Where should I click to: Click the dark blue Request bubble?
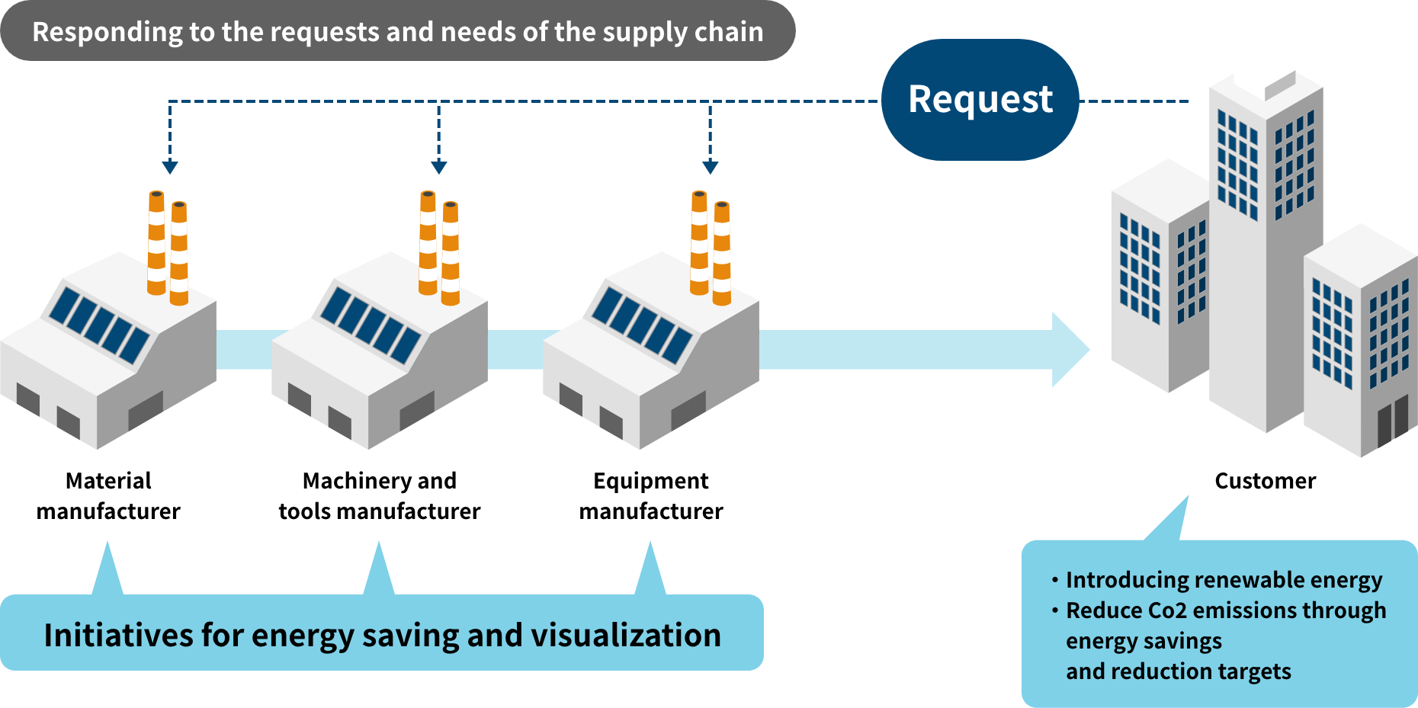pos(980,100)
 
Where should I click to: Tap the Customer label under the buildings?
pos(1265,481)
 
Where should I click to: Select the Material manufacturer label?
pos(108,495)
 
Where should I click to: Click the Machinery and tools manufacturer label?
pos(380,495)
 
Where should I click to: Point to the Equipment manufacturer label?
pos(651,495)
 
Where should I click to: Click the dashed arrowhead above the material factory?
pos(170,167)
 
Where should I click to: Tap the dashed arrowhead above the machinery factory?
pos(438,167)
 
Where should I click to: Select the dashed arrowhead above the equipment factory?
pos(710,167)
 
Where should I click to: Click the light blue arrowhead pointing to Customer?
pos(1070,350)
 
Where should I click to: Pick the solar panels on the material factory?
pos(99,324)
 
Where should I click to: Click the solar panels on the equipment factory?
pos(642,324)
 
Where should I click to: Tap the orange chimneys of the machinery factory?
pos(439,248)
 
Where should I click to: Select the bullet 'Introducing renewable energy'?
pos(1224,580)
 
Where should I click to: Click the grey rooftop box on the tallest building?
pos(1281,85)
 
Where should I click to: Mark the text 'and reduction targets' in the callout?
pos(1179,671)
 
